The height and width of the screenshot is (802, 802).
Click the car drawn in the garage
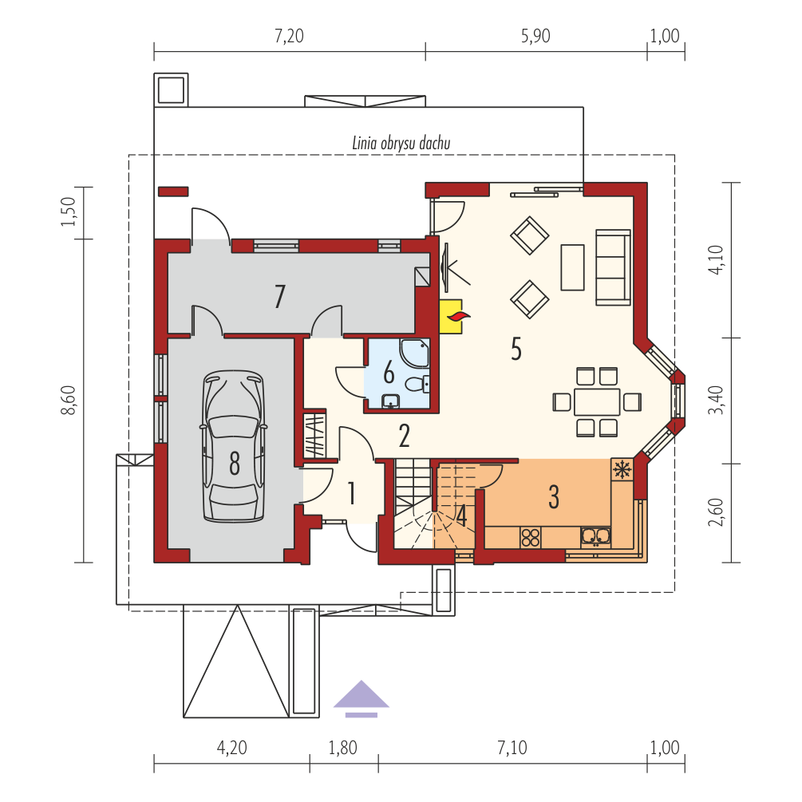click(234, 446)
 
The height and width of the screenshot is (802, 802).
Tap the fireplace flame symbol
click(458, 317)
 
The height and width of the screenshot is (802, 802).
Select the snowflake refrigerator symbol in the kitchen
click(622, 468)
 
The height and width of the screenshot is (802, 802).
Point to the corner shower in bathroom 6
click(415, 353)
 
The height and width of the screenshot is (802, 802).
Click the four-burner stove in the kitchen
click(531, 538)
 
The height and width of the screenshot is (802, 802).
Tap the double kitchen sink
click(596, 536)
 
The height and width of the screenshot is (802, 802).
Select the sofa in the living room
click(613, 267)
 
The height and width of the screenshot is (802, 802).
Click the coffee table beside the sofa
click(573, 267)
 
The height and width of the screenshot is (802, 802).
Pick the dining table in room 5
click(597, 402)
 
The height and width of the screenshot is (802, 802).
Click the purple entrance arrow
click(361, 699)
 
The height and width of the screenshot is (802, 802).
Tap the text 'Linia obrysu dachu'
click(401, 143)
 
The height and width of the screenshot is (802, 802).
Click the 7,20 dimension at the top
click(290, 37)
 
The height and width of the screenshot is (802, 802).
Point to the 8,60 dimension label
click(68, 401)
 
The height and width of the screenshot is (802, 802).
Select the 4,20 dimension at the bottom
click(231, 748)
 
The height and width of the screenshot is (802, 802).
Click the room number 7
click(279, 297)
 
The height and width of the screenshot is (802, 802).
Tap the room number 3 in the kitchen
click(554, 496)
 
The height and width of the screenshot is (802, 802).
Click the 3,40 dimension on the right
click(716, 400)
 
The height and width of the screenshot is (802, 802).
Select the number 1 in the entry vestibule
click(352, 493)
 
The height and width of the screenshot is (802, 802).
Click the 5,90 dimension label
click(535, 37)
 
